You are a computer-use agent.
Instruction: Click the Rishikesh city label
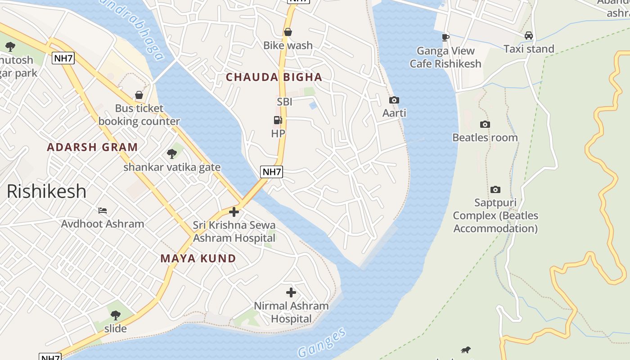coord(46,191)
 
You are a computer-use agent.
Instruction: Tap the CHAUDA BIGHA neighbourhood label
coord(274,77)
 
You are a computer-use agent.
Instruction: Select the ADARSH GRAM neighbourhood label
coord(92,147)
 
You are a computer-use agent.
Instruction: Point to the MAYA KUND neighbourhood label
coord(198,258)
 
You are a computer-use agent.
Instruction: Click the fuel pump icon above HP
coord(278,120)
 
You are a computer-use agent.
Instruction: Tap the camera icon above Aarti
coord(394,100)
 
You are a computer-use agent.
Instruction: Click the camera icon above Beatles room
coord(485,124)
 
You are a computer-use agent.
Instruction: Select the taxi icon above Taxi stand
coord(529,36)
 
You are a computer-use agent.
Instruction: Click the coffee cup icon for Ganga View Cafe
coord(445,37)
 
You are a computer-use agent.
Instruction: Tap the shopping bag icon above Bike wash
coord(288,32)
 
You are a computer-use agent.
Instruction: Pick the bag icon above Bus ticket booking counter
coord(139,95)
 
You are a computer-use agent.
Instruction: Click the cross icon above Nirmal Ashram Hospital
coord(291,292)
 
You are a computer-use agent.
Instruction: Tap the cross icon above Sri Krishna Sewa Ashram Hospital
coord(234,211)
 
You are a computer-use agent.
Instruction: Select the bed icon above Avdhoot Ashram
coord(103,210)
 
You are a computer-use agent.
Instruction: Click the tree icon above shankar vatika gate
coord(172,154)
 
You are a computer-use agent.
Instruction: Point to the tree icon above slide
coord(116,315)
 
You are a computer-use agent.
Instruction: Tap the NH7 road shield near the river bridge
coord(271,171)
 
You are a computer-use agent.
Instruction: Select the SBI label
coord(284,102)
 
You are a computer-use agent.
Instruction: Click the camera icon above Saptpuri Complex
coord(495,189)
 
